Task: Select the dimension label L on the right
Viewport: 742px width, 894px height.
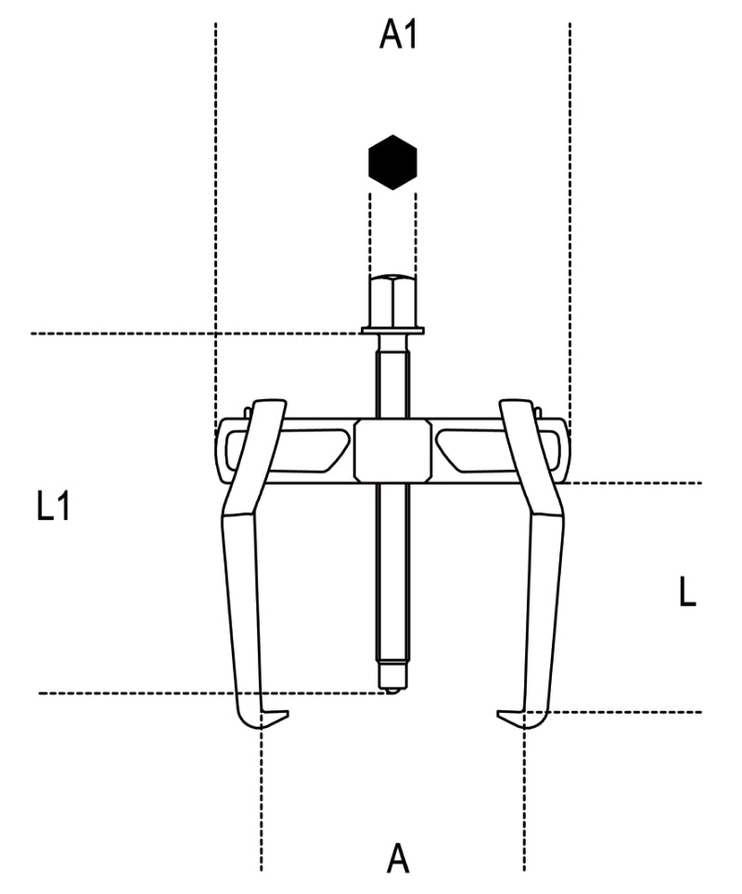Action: (686, 591)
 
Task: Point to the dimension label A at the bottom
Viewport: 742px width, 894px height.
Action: (397, 858)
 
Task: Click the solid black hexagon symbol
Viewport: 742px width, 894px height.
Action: (392, 162)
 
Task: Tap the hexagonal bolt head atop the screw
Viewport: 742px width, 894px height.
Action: (392, 298)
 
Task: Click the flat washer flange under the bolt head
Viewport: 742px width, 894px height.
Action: (392, 329)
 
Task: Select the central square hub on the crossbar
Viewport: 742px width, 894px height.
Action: (392, 450)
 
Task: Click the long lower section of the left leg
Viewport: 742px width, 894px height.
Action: (243, 613)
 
